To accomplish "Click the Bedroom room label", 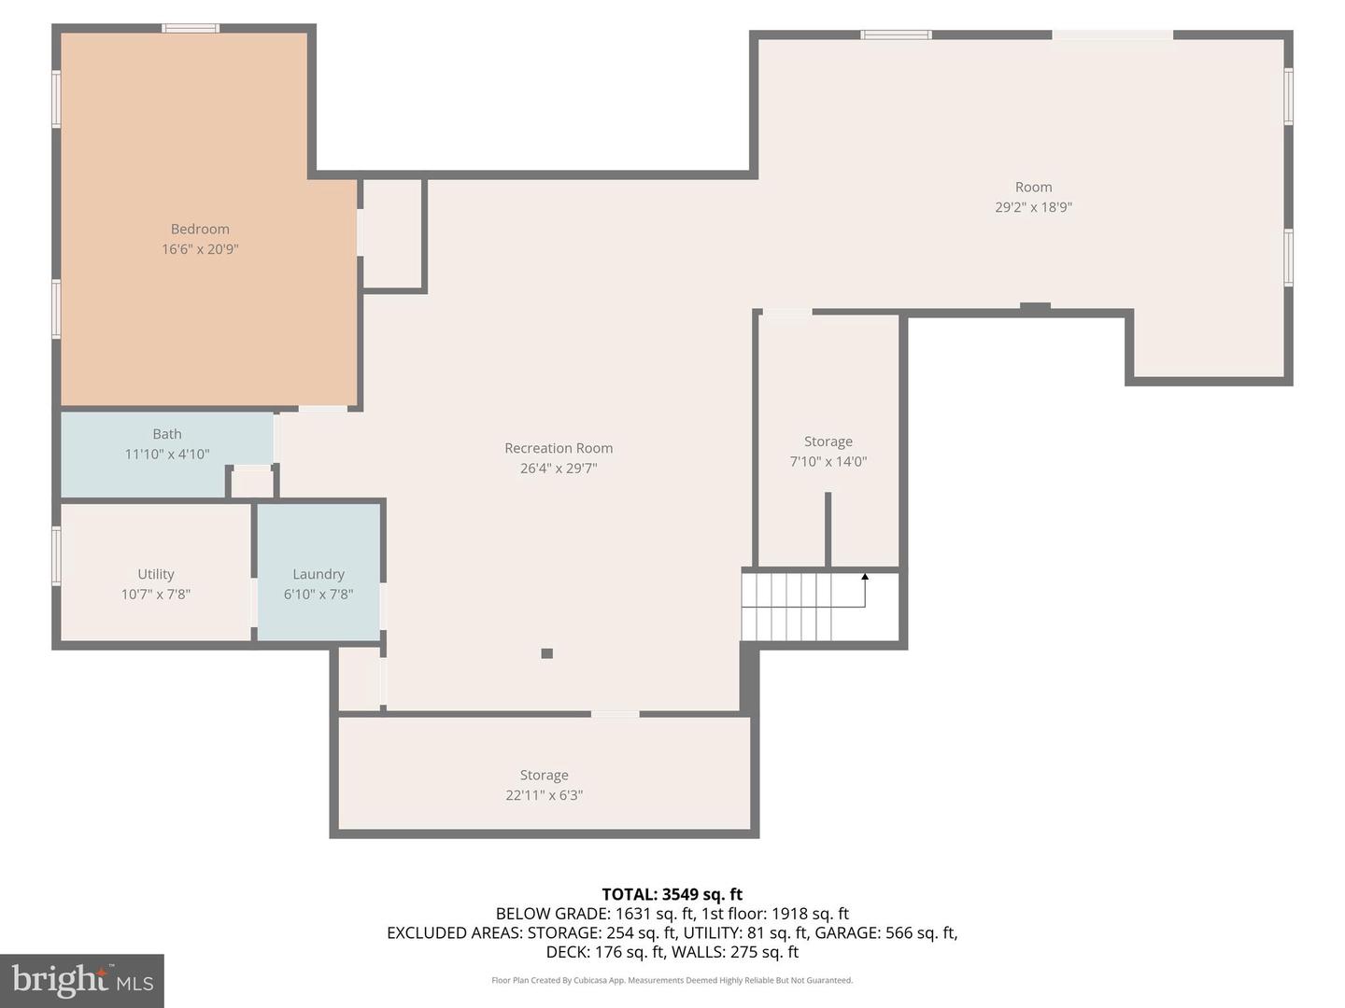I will (200, 229).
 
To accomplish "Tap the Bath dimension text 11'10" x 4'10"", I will (167, 455).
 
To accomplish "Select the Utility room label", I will (156, 574).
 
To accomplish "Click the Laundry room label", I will (319, 574).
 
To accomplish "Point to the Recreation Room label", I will (559, 448).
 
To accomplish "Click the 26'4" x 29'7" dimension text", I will (559, 469).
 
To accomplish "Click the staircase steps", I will (786, 607).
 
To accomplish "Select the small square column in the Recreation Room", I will (547, 653).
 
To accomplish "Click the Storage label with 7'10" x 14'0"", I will (828, 441).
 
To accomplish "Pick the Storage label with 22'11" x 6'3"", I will (545, 775).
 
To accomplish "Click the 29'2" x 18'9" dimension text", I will (1033, 207).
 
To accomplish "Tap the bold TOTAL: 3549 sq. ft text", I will (672, 894).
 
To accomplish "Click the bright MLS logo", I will (82, 980).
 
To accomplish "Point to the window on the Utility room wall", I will (56, 555).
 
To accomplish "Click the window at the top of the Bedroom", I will (191, 28).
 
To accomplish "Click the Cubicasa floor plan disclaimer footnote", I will (672, 980).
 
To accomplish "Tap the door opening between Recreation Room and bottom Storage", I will (615, 714).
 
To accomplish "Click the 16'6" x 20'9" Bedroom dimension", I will (200, 249).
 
